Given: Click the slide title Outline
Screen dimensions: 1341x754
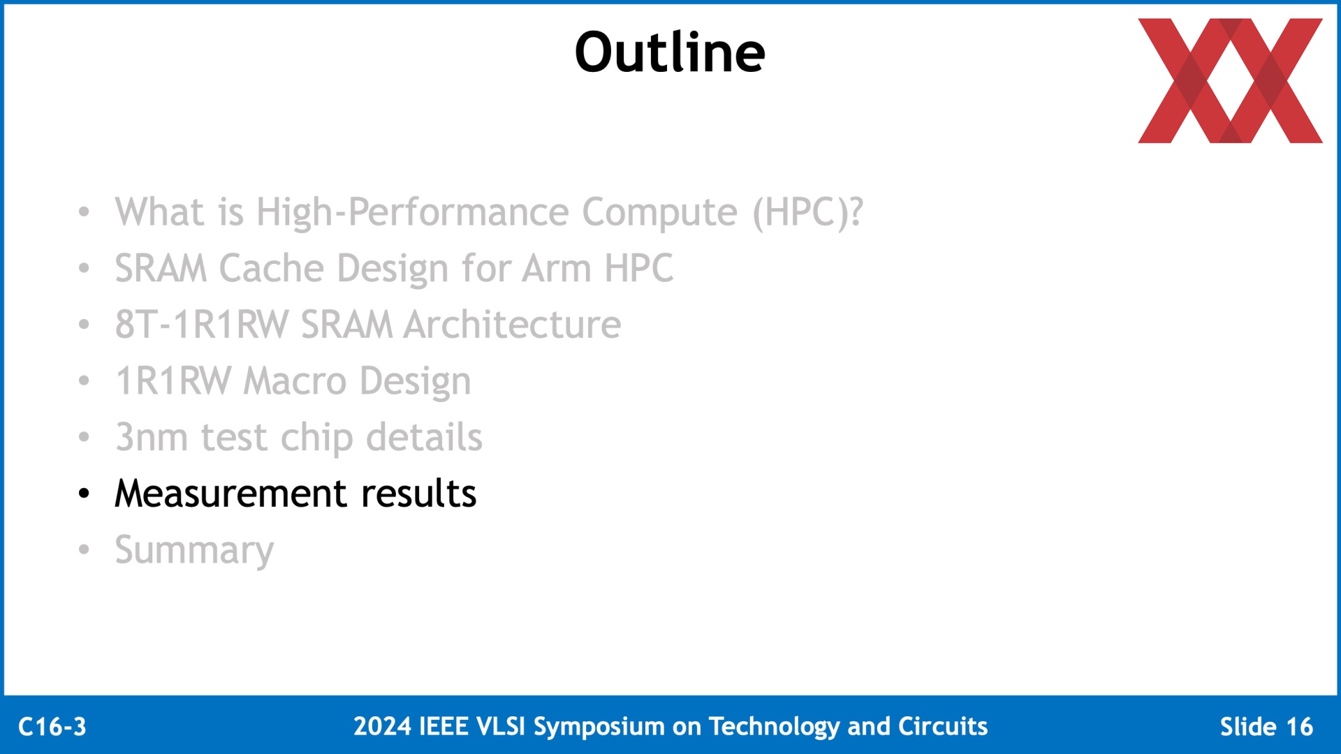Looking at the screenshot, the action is [x=670, y=52].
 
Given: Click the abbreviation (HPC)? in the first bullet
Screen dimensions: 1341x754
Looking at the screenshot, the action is [x=808, y=212].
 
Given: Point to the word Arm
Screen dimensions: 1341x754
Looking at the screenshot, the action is [x=557, y=268].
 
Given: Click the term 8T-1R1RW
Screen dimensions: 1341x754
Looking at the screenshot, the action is [x=202, y=325].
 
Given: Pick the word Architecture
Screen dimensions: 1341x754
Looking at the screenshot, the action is [x=513, y=325].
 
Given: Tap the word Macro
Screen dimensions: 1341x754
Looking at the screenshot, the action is [x=295, y=381].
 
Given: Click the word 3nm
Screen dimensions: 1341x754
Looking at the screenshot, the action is [x=152, y=438].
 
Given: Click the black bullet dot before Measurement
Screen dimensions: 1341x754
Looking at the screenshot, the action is [x=85, y=494].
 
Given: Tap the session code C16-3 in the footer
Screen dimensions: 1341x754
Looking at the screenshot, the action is [x=52, y=727].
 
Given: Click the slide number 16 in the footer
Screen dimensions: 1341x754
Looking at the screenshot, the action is [x=1299, y=727].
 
